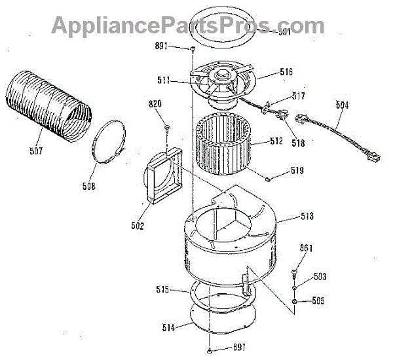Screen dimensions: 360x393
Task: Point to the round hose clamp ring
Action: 108,145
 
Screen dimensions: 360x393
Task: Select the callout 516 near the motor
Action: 286,72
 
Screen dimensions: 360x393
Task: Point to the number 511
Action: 164,81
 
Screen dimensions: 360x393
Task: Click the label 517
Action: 298,96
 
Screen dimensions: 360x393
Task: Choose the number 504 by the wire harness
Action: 341,105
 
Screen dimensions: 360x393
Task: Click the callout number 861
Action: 307,248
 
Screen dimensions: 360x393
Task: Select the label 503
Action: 319,277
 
